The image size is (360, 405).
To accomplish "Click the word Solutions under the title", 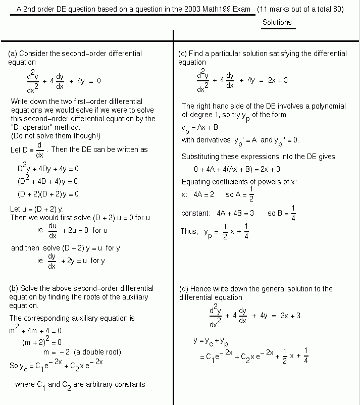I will (277, 22).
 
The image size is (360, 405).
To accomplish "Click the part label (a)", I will (13, 54).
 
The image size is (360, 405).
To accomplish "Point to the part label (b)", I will (14, 288).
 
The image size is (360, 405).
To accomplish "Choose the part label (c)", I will (183, 54).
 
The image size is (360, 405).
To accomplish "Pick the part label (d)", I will (184, 289).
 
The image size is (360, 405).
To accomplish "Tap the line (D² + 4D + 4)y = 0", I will (47, 181).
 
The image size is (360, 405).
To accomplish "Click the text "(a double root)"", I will (97, 352).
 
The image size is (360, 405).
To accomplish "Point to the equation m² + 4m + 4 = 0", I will (35, 331).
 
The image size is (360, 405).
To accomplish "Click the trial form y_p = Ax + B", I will (200, 128).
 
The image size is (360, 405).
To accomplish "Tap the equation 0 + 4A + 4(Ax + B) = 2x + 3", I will (238, 169).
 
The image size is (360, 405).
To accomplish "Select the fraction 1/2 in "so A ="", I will (251, 194).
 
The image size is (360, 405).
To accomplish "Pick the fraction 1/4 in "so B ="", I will (293, 214).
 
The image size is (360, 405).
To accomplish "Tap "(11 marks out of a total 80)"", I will (300, 9).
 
